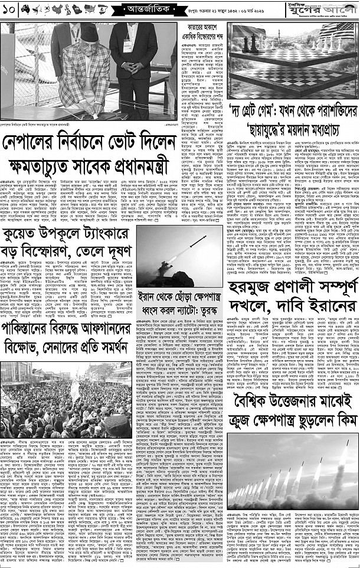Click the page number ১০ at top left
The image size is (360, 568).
point(9,8)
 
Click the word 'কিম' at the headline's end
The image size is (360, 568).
point(343,420)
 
